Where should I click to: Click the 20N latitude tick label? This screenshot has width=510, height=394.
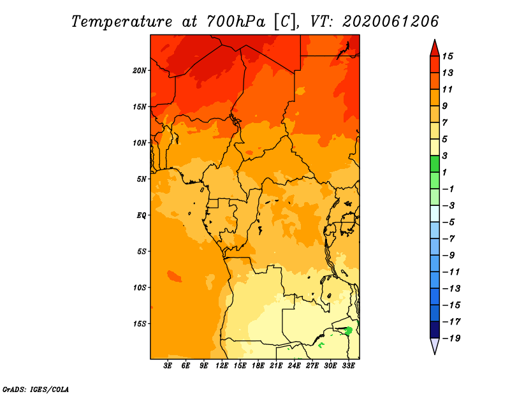(139, 71)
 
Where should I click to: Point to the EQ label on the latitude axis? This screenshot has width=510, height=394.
(141, 215)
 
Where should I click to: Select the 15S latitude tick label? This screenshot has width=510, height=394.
(140, 324)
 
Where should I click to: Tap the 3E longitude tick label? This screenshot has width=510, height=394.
(168, 365)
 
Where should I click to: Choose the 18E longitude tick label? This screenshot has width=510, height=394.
(258, 365)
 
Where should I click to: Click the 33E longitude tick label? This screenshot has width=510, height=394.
(348, 365)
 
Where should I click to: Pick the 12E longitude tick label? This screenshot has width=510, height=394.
(222, 365)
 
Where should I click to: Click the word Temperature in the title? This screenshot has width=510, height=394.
(122, 22)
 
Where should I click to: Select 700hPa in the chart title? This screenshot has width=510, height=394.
(235, 22)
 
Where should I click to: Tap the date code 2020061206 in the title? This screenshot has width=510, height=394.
(390, 22)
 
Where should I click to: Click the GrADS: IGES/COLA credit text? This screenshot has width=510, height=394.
(36, 389)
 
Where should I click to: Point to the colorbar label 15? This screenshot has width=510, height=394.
(448, 56)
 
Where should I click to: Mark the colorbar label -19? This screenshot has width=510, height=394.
(451, 339)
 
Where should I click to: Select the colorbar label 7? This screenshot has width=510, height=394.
(445, 122)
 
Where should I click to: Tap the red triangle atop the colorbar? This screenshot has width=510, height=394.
(435, 49)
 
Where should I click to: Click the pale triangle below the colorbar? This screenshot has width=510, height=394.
(435, 346)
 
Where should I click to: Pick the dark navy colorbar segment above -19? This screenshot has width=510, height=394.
(435, 330)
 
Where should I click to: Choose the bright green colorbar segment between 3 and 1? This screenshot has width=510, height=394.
(435, 164)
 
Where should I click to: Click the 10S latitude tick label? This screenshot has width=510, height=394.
(140, 288)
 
